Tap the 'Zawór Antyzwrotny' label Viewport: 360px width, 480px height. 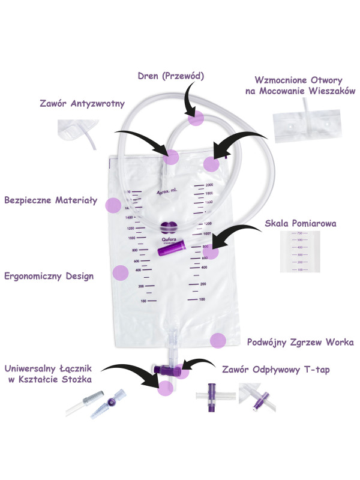coord(81,104)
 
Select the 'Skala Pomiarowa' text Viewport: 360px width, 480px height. coord(301,224)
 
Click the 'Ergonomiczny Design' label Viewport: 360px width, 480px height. coord(49,277)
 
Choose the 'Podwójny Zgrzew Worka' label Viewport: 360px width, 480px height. coord(300,343)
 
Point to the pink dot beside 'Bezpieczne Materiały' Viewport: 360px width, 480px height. coord(112,205)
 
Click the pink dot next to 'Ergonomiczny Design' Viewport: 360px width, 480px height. coord(121,273)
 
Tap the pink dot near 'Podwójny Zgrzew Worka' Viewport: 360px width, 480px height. coord(218,341)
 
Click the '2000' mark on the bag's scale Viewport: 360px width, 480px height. coord(209,184)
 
